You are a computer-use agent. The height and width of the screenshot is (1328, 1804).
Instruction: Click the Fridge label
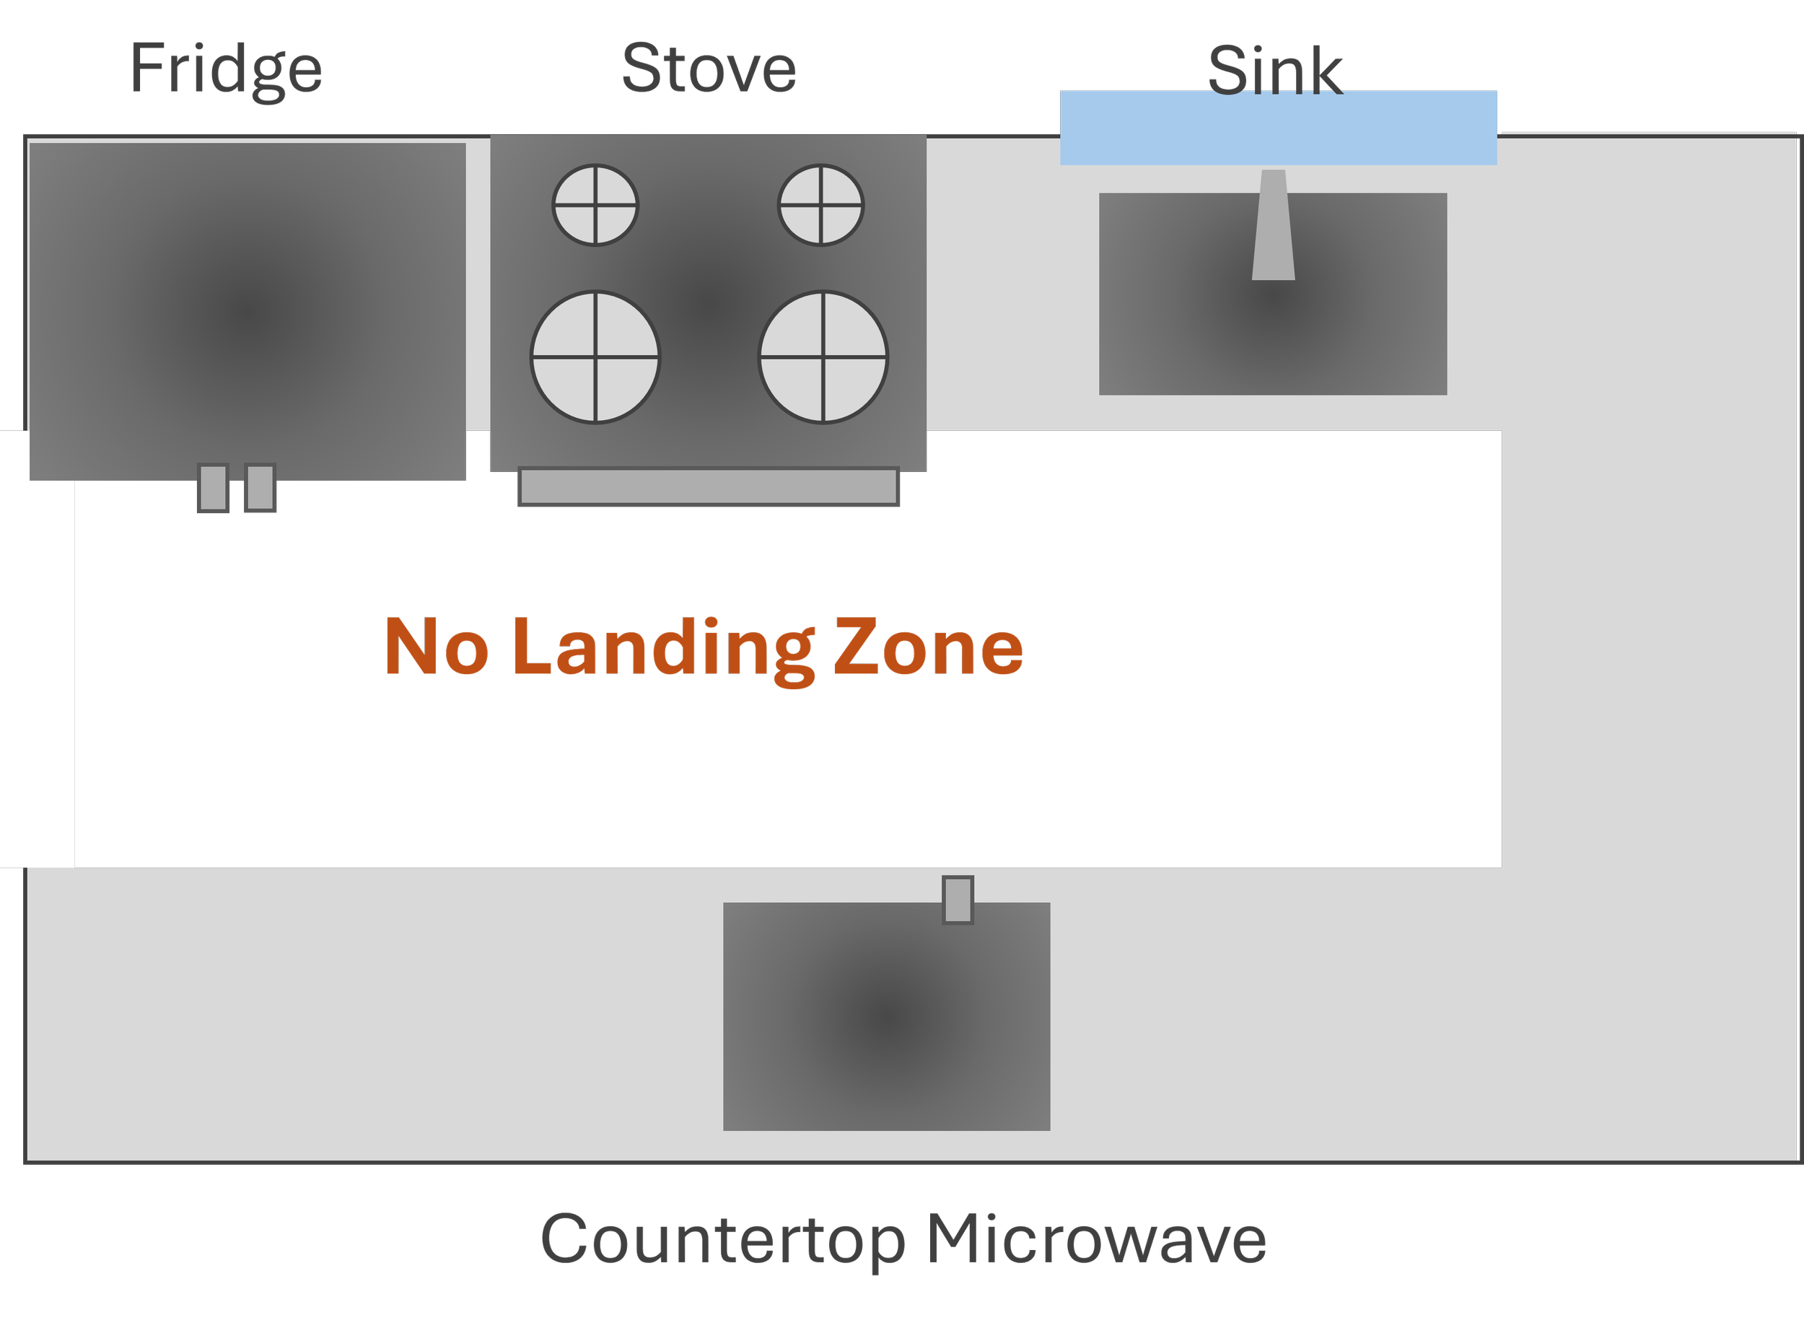tap(226, 69)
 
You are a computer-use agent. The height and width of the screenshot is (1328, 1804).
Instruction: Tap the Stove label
tap(709, 69)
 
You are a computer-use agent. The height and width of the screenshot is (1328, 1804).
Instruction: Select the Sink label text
tap(1274, 71)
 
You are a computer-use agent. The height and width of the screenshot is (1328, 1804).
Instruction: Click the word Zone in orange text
tap(928, 647)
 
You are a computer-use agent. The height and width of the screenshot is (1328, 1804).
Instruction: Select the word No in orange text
tap(437, 647)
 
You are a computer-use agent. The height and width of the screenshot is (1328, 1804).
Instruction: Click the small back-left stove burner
tap(595, 205)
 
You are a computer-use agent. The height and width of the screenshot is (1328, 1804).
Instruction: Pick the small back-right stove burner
tap(820, 205)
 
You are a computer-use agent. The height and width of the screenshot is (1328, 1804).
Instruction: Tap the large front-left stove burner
tap(595, 357)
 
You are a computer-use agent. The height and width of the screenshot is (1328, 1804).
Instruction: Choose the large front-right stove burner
tap(823, 357)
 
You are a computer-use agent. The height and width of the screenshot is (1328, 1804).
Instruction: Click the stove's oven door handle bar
tap(708, 486)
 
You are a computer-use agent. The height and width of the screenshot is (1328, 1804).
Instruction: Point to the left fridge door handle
tap(213, 487)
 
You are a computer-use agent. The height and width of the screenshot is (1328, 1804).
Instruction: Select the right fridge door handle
tap(260, 487)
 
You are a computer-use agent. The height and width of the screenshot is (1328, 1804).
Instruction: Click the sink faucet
tap(1274, 225)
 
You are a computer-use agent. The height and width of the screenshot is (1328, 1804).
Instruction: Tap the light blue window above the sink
tap(1278, 128)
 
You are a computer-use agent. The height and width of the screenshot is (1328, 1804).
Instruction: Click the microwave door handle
tap(957, 899)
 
